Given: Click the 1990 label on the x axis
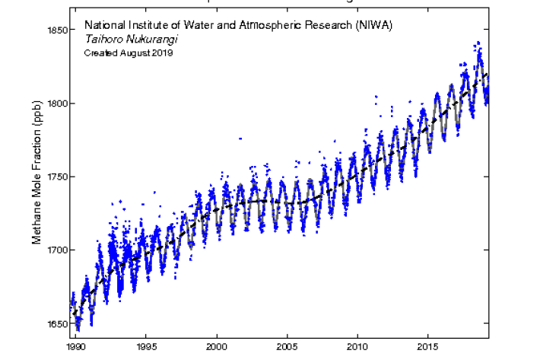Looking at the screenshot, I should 75,346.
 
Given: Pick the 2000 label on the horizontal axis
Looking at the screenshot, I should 217,346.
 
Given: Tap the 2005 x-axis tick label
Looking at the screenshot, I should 287,346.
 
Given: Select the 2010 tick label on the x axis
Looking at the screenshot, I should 357,346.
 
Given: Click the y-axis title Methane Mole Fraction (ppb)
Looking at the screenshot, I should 36,177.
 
